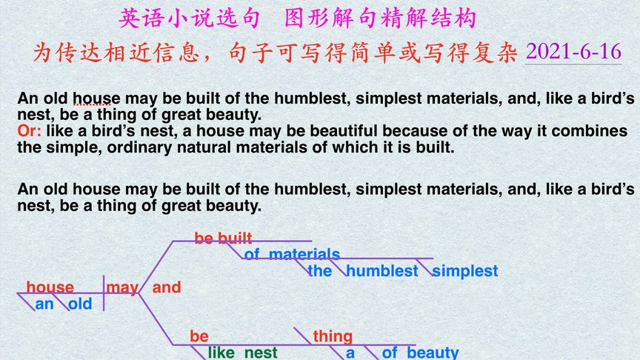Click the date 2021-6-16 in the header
[x=573, y=52]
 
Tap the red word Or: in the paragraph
[x=30, y=131]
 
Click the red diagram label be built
[x=223, y=238]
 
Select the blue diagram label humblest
[x=382, y=271]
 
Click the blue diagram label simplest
[x=465, y=271]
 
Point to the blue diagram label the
[x=320, y=271]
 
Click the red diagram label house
[x=50, y=287]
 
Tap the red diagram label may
[x=121, y=287]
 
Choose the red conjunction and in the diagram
[x=167, y=287]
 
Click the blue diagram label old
[x=80, y=304]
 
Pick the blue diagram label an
[x=44, y=304]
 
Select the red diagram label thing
[x=333, y=336]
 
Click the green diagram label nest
[x=261, y=353]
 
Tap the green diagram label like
[x=221, y=353]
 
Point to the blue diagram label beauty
[x=433, y=353]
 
